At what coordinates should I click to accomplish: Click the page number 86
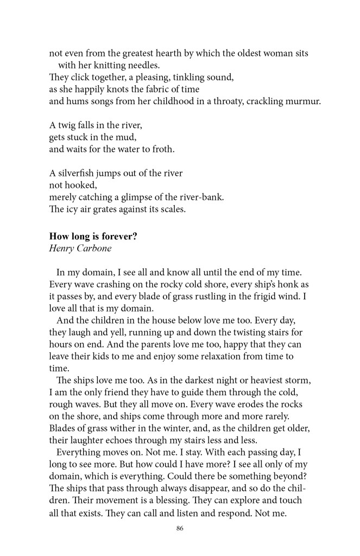[x=179, y=529]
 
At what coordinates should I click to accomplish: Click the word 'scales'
[x=172, y=209]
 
